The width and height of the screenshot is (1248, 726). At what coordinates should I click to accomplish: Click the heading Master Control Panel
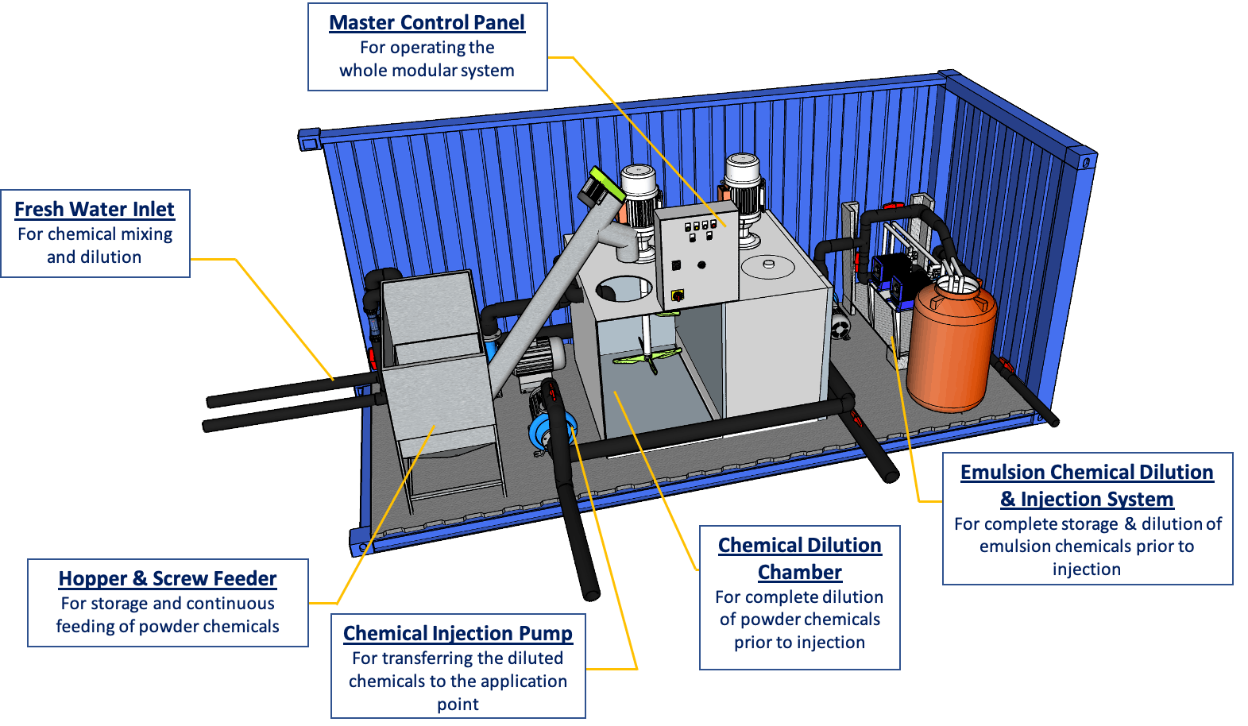click(x=427, y=23)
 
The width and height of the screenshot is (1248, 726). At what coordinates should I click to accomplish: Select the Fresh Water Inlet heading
click(x=94, y=210)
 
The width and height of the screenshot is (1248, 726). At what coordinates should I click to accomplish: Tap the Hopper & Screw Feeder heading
click(x=168, y=579)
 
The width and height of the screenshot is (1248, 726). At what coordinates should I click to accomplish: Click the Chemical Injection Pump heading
click(x=458, y=634)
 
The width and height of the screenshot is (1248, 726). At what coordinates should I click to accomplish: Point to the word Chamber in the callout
click(x=799, y=573)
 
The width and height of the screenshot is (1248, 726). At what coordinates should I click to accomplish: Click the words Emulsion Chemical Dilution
click(x=1087, y=473)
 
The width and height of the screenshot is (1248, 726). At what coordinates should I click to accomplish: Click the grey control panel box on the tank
click(x=697, y=254)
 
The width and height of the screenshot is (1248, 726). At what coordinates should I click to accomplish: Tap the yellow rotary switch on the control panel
click(x=678, y=295)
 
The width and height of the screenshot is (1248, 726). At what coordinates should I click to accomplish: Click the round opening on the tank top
click(x=624, y=288)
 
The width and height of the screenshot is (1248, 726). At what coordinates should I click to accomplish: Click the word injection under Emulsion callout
click(x=1086, y=570)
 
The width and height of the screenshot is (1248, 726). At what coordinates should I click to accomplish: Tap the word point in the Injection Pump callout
click(x=458, y=705)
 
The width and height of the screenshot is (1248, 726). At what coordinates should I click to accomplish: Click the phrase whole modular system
click(x=427, y=71)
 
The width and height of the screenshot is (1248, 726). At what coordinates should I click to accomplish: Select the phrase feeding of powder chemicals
click(x=168, y=627)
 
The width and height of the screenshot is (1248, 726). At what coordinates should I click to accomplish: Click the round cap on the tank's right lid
click(x=768, y=264)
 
